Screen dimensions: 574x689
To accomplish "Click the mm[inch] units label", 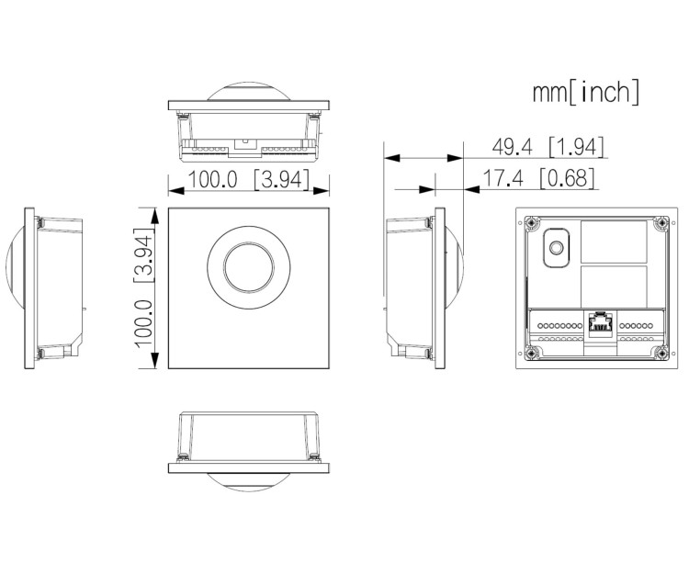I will tap(585, 92).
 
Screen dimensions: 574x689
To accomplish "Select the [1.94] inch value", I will tap(576, 148).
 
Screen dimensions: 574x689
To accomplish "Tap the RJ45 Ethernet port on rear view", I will tap(599, 324).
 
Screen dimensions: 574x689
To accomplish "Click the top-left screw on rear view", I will tap(531, 221).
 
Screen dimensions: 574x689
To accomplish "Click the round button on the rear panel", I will tap(556, 246).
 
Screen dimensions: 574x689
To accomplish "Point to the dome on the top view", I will tap(248, 91).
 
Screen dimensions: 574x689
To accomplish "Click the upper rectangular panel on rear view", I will tap(613, 241).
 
